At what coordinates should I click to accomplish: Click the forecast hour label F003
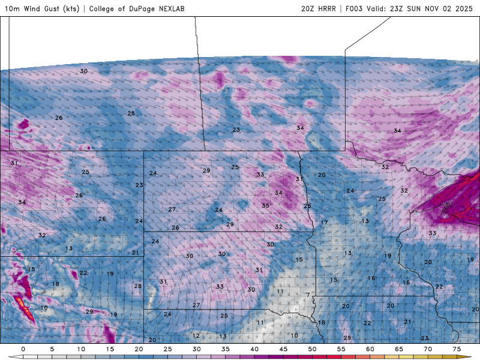[x=355, y=9]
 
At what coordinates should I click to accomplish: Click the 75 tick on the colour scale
[x=457, y=349]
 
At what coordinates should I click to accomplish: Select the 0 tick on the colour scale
[x=23, y=349]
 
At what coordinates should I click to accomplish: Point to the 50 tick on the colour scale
[x=312, y=349]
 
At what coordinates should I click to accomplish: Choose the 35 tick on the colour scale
[x=225, y=349]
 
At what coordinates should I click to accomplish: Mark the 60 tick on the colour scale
[x=370, y=349]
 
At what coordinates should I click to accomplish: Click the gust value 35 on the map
[x=265, y=206]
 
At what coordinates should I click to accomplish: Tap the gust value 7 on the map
[x=307, y=295]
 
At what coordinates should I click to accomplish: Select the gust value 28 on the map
[x=138, y=286]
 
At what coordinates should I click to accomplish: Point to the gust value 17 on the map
[x=324, y=223]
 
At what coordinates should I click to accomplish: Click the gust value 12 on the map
[x=196, y=335]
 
